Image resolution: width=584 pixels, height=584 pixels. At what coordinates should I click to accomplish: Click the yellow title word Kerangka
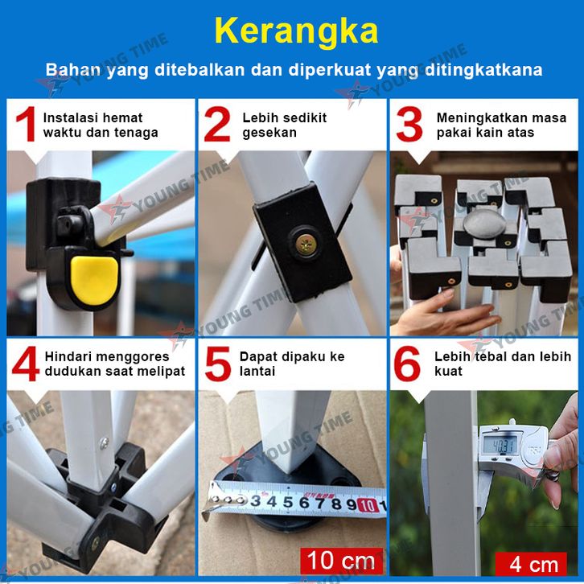click(x=296, y=31)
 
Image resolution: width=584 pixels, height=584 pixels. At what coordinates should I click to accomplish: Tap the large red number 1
click(x=26, y=124)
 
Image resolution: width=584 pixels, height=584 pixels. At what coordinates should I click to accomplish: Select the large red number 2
click(x=216, y=124)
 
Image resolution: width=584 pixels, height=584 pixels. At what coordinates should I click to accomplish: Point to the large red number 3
click(x=409, y=124)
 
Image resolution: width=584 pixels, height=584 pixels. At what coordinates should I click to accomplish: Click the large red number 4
click(x=26, y=364)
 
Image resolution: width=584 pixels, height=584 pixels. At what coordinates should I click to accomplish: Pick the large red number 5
click(x=218, y=364)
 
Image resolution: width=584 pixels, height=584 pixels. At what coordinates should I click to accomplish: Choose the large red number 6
click(x=407, y=364)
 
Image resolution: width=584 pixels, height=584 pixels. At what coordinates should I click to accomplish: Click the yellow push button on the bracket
click(x=95, y=280)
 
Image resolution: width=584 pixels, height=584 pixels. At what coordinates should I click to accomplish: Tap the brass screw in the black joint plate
click(x=306, y=245)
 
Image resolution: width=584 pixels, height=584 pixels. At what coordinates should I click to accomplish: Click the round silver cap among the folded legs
click(x=484, y=222)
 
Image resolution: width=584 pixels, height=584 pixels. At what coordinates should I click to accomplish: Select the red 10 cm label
click(x=342, y=561)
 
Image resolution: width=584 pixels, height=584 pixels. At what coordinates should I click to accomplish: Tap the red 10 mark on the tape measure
click(x=368, y=505)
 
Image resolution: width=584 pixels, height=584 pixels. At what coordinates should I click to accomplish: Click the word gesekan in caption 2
click(x=269, y=133)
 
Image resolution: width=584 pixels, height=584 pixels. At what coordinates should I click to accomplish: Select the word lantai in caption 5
click(x=257, y=371)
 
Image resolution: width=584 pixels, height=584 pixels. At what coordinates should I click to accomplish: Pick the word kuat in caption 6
click(x=448, y=371)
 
